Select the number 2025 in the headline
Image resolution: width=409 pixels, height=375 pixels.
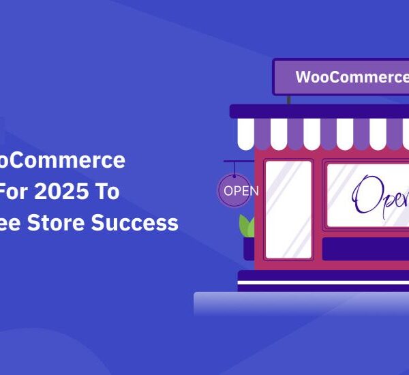tap(64, 192)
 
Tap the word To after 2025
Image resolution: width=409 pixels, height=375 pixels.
tap(106, 192)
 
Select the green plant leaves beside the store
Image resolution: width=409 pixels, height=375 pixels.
tap(247, 225)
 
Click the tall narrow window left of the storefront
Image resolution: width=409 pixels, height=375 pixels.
tap(288, 209)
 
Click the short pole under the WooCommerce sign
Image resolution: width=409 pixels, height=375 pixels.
tap(289, 100)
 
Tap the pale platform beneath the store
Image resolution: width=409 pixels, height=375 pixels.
tap(300, 303)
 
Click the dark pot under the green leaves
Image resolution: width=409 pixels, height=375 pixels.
tap(248, 248)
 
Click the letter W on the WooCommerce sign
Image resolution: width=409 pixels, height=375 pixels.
tap(302, 77)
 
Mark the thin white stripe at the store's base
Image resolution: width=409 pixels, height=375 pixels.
tap(323, 281)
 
